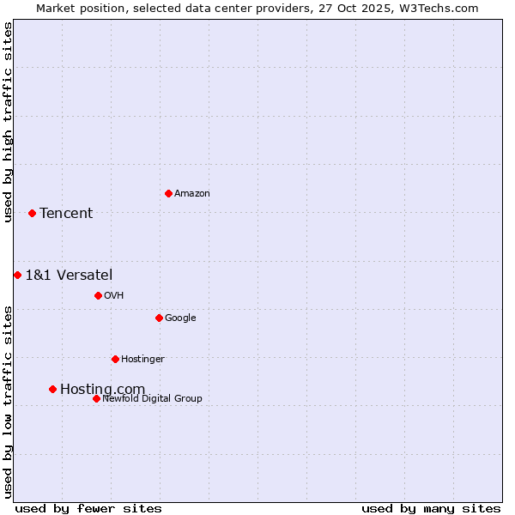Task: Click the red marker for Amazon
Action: [x=168, y=193]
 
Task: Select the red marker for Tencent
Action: [x=32, y=213]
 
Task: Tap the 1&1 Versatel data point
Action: [x=17, y=275]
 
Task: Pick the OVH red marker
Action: [x=98, y=295]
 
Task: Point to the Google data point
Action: [x=159, y=318]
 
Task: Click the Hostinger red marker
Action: [x=115, y=359]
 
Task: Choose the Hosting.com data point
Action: [x=52, y=389]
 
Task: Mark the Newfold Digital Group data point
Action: [x=96, y=398]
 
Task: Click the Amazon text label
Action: [x=192, y=194]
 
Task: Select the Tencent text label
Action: [x=66, y=214]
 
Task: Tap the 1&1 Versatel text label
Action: [x=69, y=276]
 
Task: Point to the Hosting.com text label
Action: [x=102, y=390]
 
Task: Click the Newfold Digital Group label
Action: [x=152, y=399]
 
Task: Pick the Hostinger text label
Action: [x=142, y=360]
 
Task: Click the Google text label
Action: [x=180, y=318]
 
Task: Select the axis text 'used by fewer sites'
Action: [x=88, y=508]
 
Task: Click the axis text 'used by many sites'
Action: [x=431, y=508]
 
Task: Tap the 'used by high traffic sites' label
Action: [x=8, y=122]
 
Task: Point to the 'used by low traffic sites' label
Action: [x=8, y=402]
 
